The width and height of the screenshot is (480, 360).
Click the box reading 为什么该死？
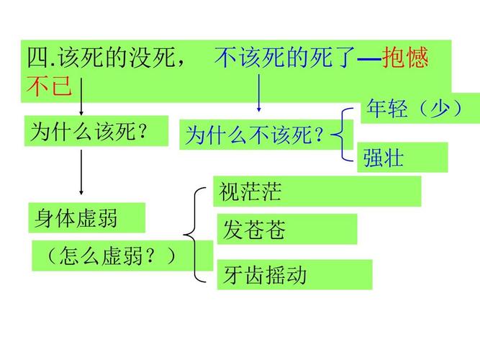pyautogui.click(x=96, y=131)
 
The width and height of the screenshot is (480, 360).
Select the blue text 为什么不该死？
pyautogui.click(x=255, y=135)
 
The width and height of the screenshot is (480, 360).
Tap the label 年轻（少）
pyautogui.click(x=415, y=108)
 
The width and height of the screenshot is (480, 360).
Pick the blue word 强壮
pyautogui.click(x=384, y=158)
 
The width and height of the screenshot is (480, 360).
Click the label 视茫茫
pyautogui.click(x=250, y=192)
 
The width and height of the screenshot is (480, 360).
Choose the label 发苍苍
pyautogui.click(x=254, y=229)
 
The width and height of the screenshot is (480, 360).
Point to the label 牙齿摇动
pyautogui.click(x=265, y=275)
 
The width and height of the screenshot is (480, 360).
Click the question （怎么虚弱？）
pyautogui.click(x=112, y=256)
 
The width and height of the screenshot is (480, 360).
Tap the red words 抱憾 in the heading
pyautogui.click(x=404, y=58)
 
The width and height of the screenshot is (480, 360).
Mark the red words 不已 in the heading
pyautogui.click(x=49, y=85)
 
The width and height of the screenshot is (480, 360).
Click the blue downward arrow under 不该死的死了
pyautogui.click(x=259, y=93)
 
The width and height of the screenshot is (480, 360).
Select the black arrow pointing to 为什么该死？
pyautogui.click(x=81, y=96)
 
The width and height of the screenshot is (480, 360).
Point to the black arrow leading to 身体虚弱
pyautogui.click(x=81, y=172)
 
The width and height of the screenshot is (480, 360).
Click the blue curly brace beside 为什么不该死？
pyautogui.click(x=343, y=134)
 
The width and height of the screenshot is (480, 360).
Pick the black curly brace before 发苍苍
pyautogui.click(x=194, y=235)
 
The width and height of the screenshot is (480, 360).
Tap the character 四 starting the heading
pyautogui.click(x=38, y=58)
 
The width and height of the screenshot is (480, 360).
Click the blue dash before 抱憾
pyautogui.click(x=369, y=58)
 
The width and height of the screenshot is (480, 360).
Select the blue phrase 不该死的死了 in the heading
pyautogui.click(x=285, y=58)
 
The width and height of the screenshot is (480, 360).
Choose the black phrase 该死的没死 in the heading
pyautogui.click(x=117, y=58)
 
